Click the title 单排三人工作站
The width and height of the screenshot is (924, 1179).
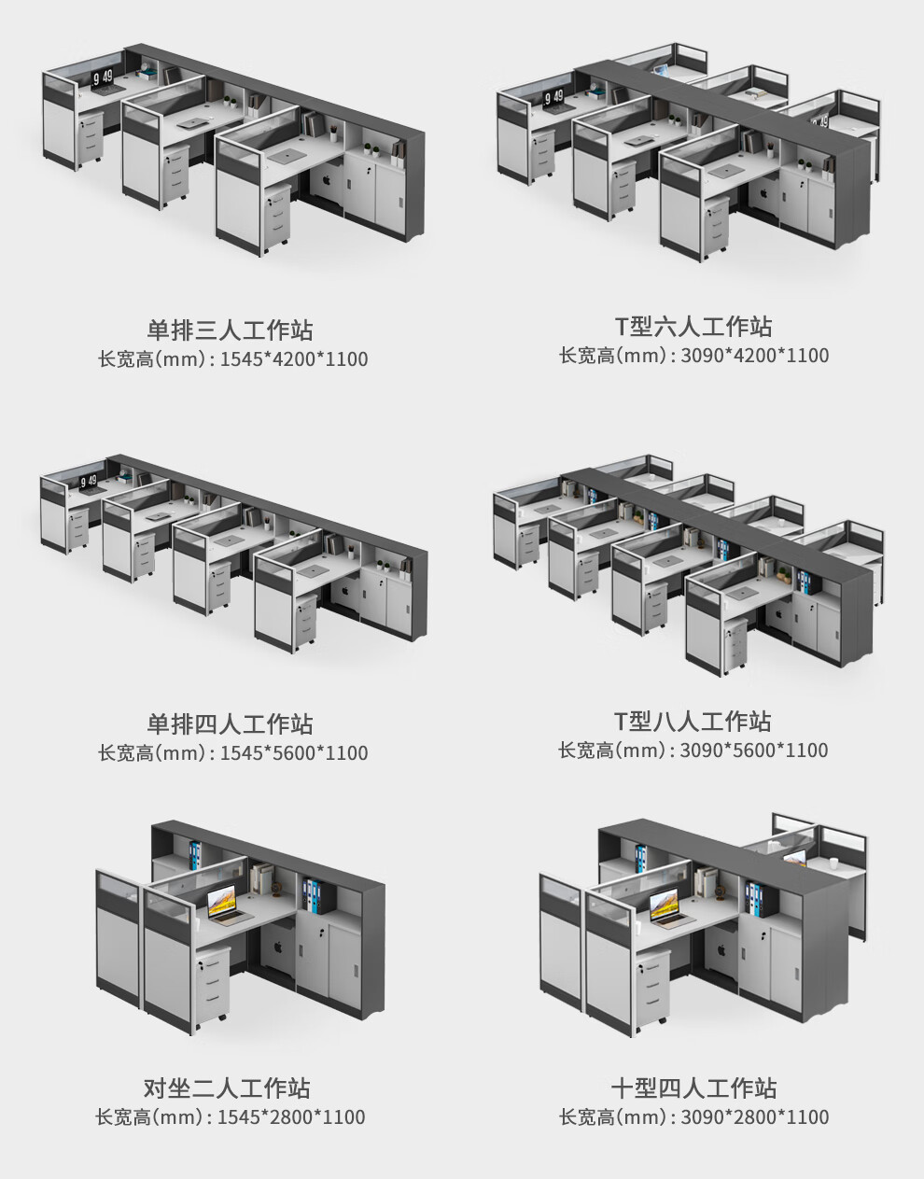(x=230, y=330)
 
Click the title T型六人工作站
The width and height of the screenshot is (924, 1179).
(x=693, y=327)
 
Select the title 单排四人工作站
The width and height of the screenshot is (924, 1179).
(x=230, y=724)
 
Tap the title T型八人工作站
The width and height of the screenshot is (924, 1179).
(x=693, y=722)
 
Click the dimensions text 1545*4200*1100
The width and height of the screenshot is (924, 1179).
(x=293, y=359)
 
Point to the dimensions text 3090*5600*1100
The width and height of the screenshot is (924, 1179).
(x=754, y=751)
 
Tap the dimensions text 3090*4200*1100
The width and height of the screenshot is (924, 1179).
(x=755, y=356)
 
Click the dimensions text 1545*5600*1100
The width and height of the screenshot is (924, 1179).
(x=293, y=753)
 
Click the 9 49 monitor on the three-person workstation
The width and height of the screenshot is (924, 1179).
(x=102, y=79)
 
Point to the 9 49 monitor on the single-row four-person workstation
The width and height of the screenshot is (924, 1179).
(x=88, y=482)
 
